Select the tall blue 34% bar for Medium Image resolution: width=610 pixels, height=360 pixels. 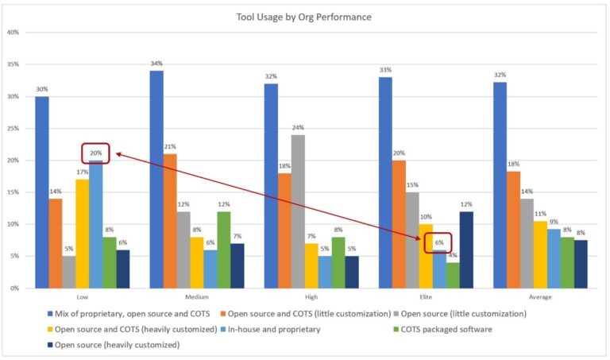coord(157,179)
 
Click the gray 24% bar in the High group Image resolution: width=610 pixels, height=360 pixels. coord(298,211)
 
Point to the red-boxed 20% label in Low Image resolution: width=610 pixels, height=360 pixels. coord(95,152)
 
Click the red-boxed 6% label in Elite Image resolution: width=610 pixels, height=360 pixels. coord(439,242)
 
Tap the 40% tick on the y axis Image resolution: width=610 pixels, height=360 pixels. coord(14,33)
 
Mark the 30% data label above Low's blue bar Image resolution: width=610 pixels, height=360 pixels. coord(42,89)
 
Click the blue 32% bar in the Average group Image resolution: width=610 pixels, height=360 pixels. coord(500,185)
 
